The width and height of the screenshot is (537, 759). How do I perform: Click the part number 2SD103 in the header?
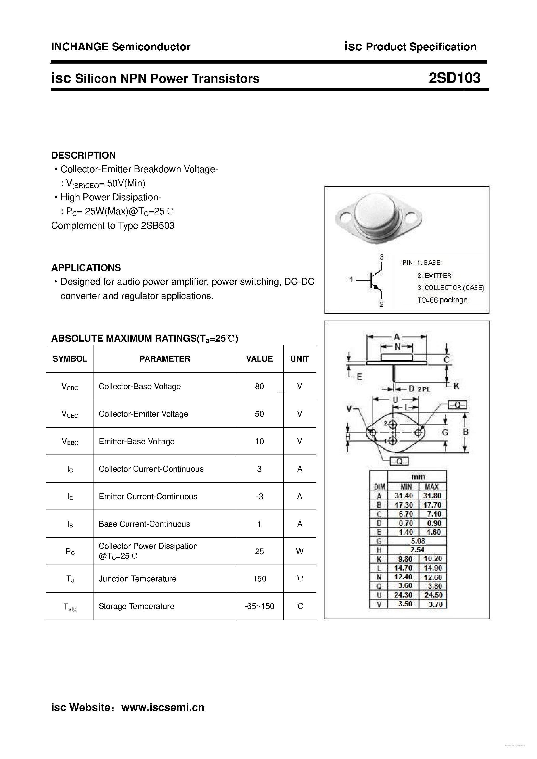(454, 78)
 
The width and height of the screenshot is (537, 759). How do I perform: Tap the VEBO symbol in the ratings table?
(70, 442)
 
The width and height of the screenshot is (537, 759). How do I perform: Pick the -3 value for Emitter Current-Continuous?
(259, 496)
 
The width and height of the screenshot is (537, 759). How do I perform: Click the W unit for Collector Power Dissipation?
(300, 551)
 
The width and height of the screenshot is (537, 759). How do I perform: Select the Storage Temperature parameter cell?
(136, 606)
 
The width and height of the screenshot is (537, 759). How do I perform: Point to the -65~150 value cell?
(259, 606)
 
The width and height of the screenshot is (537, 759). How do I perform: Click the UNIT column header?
(300, 359)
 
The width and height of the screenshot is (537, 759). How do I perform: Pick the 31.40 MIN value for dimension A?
(404, 496)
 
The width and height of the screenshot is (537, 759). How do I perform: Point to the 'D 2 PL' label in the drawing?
(419, 389)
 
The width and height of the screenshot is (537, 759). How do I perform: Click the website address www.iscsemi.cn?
(163, 707)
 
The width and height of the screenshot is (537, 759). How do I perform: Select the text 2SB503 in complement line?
(157, 226)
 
